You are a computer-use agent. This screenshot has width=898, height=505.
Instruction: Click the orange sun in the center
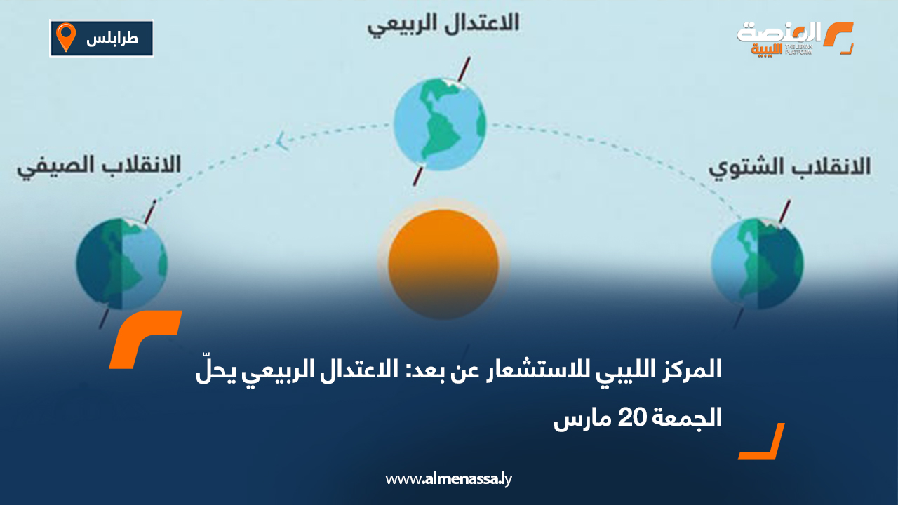443,264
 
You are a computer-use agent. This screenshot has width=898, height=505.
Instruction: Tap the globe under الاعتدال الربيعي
439,123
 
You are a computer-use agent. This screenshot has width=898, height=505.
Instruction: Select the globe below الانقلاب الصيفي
121,264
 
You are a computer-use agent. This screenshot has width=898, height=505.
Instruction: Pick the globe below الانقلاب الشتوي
757,264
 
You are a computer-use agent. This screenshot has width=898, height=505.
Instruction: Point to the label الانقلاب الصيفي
99,166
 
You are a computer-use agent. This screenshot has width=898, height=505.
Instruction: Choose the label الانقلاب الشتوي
789,167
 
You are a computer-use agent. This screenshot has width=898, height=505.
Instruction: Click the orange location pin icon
66,37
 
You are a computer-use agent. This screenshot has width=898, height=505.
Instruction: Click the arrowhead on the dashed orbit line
282,142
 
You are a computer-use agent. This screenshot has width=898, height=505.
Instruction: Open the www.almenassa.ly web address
449,479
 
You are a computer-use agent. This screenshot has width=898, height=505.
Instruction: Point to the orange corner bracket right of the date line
763,443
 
